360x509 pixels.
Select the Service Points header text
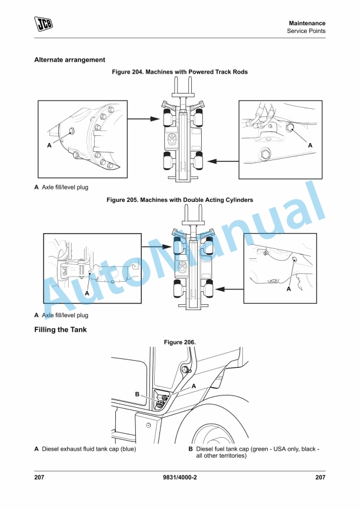pyautogui.click(x=306, y=31)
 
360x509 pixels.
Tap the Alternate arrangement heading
pyautogui.click(x=69, y=60)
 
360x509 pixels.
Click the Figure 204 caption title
pyautogui.click(x=179, y=72)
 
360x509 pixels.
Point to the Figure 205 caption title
pyautogui.click(x=179, y=200)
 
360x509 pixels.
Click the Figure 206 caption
pyautogui.click(x=179, y=342)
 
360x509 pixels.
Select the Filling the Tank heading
pyautogui.click(x=61, y=330)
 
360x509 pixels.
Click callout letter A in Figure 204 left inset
pyautogui.click(x=49, y=144)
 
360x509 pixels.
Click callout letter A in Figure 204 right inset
pyautogui.click(x=310, y=144)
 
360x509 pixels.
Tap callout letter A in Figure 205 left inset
pyautogui.click(x=86, y=292)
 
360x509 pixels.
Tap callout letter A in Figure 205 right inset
pyautogui.click(x=289, y=289)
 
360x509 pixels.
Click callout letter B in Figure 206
pyautogui.click(x=137, y=394)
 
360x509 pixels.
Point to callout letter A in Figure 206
pyautogui.click(x=194, y=386)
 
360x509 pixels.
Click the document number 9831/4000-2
pyautogui.click(x=179, y=477)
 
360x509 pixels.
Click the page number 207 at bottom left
pyautogui.click(x=39, y=477)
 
